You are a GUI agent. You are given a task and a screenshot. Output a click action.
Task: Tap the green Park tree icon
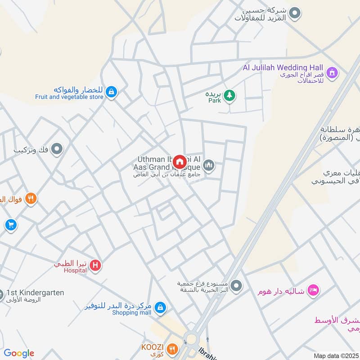229,95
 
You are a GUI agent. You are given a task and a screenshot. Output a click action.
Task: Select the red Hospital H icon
95,265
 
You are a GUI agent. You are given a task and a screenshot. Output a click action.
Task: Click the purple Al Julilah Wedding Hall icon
332,72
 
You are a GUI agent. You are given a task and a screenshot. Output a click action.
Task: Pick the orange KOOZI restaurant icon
172,348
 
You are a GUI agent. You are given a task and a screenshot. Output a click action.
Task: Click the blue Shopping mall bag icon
159,308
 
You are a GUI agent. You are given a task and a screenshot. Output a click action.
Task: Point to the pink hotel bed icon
314,290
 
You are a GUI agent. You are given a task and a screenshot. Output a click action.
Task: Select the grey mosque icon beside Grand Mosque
208,166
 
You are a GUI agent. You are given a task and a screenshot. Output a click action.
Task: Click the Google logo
19,353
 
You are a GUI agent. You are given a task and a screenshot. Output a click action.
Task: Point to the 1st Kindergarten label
35,292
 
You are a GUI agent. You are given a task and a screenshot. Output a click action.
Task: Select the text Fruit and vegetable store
69,97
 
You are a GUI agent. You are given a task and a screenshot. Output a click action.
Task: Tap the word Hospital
75,270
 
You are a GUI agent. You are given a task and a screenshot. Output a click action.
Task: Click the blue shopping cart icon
11,225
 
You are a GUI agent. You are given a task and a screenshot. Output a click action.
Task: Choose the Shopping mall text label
131,313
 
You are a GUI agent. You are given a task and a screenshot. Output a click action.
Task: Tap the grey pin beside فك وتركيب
57,148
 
